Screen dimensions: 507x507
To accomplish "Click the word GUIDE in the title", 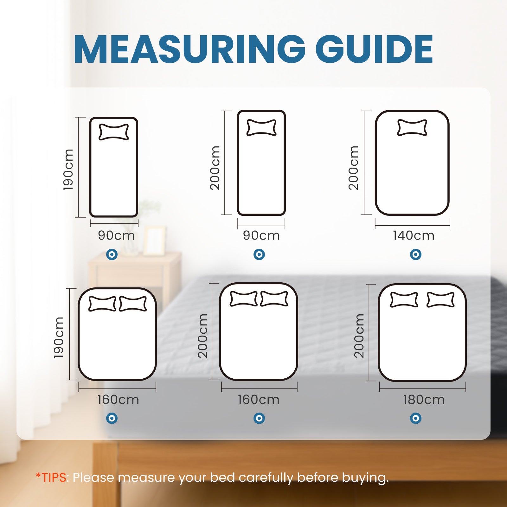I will tap(374, 50).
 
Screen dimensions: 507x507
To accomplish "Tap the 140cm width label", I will tap(414, 235).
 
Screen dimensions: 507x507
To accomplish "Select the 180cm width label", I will tap(424, 400).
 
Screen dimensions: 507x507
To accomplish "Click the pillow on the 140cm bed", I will tap(412, 128).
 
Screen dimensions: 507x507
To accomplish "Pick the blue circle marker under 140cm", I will tap(415, 254).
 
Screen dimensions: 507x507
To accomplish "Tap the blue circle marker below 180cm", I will tap(415, 418).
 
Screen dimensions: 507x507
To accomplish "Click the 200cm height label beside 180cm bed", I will tap(359, 336).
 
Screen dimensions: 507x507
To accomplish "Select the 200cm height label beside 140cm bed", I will tap(353, 168).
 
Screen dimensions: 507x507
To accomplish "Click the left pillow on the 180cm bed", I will tap(404, 300).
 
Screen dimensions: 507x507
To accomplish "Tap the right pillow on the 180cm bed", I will tap(440, 300).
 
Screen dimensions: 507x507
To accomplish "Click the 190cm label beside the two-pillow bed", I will tap(59, 337).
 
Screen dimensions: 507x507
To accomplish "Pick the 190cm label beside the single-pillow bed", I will tap(68, 170).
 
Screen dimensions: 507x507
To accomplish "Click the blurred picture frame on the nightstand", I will tap(154, 241).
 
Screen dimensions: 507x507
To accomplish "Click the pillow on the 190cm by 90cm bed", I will tap(114, 132).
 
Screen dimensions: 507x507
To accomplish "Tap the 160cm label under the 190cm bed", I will tap(118, 400).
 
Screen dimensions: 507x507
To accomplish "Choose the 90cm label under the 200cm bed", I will tap(261, 235).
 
